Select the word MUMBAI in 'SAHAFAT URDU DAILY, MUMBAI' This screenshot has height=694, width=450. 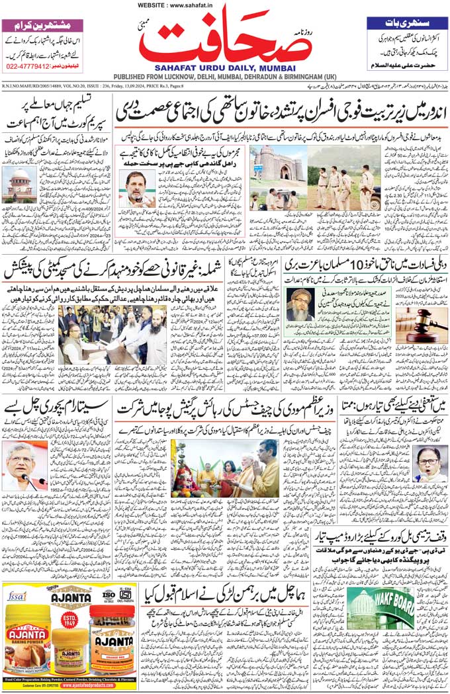[279, 67]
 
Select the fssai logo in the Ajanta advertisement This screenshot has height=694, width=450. [17, 595]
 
